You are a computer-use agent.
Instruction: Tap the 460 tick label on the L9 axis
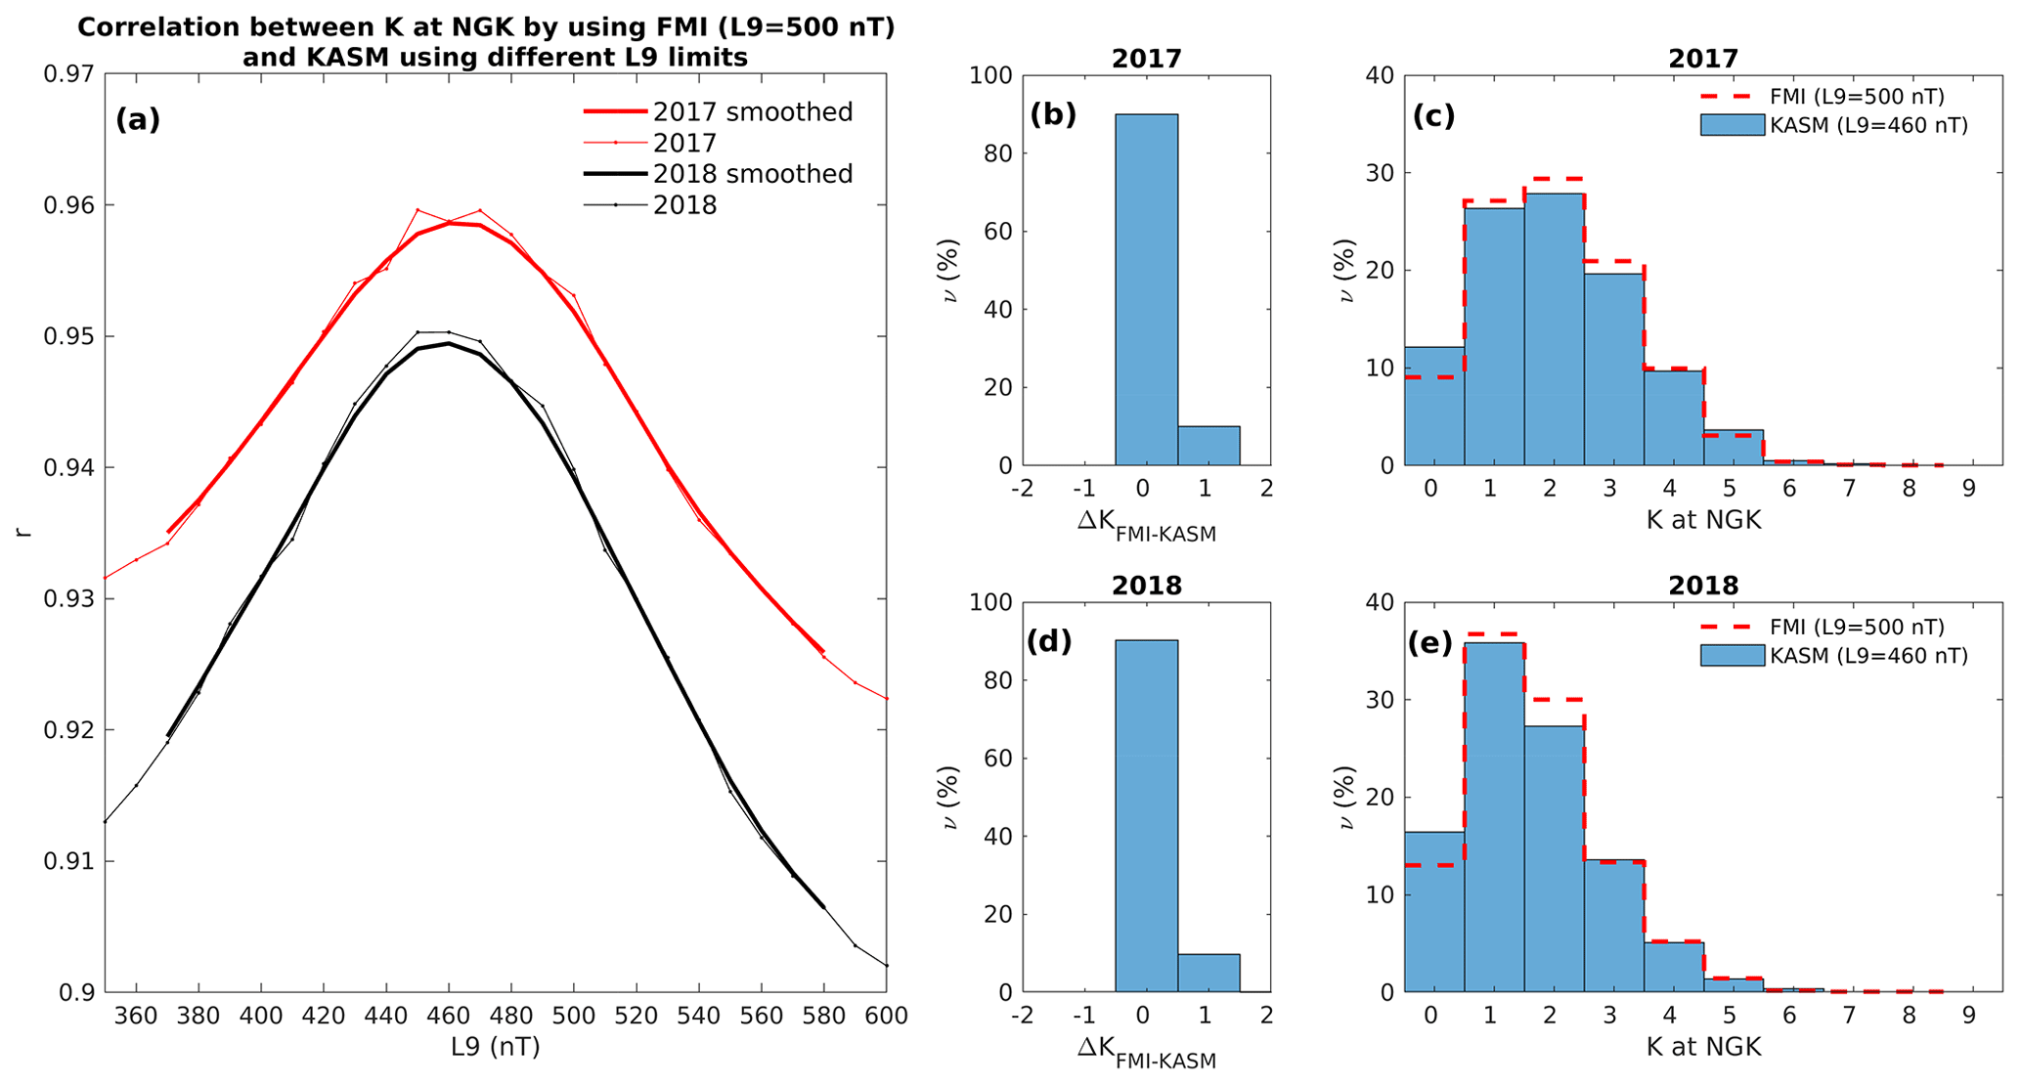coord(449,1016)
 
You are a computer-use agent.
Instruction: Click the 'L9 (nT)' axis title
coord(495,1047)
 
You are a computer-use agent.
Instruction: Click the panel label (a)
coord(138,119)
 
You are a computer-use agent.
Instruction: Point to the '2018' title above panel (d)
coord(1146,586)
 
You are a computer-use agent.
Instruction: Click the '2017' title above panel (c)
coord(1702,59)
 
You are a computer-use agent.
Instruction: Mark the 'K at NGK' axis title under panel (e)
coord(1703,1047)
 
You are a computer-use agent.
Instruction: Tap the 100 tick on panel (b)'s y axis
coord(991,75)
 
